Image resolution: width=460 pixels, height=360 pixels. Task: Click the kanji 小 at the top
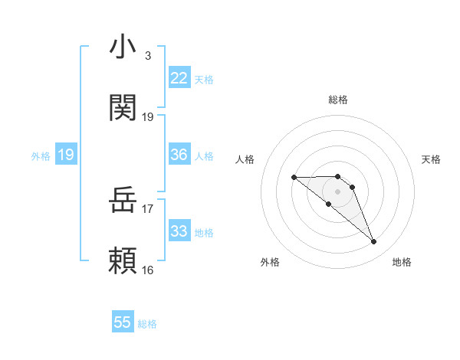coord(123,47)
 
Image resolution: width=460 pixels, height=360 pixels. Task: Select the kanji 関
coord(123,109)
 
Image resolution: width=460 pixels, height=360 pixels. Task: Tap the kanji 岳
coord(123,201)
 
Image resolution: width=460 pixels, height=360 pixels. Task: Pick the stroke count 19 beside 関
coord(148,117)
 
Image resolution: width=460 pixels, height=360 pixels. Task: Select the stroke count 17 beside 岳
coord(148,208)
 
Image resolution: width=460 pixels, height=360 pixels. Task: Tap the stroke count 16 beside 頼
coord(148,270)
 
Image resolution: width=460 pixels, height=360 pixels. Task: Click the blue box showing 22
coord(179,78)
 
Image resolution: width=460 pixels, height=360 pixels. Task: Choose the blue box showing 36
coord(179,155)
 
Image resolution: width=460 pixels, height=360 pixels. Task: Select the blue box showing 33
coord(179,231)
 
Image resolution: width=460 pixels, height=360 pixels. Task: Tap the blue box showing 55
coord(123,322)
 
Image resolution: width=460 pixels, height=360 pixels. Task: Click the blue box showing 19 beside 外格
coord(65,155)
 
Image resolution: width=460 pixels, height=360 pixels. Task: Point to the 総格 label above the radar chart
coord(338,100)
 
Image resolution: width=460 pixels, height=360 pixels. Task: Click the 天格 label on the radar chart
coord(432,159)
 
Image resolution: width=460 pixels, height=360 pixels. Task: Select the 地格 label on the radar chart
coord(402,262)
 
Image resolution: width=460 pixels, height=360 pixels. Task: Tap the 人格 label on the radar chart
coord(245,159)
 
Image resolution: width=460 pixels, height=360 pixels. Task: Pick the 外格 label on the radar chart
coord(270,262)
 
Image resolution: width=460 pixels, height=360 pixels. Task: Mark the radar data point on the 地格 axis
coord(374,242)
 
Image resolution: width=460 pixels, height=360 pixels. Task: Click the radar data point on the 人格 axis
coord(294,178)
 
